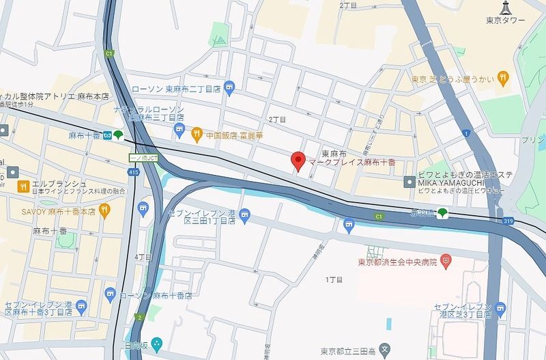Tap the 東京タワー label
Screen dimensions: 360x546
[506, 20]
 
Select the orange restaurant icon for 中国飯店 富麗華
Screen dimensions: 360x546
[197, 133]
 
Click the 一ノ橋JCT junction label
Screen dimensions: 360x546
[144, 157]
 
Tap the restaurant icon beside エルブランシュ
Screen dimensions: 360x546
[23, 184]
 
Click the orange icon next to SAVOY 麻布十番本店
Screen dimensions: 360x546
[104, 211]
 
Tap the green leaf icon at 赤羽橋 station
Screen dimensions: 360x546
[443, 214]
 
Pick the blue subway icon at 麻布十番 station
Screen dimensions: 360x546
[108, 135]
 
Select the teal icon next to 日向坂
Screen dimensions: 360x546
[158, 342]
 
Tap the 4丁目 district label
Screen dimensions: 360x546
[143, 257]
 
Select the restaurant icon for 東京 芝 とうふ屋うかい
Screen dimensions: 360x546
[503, 77]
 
